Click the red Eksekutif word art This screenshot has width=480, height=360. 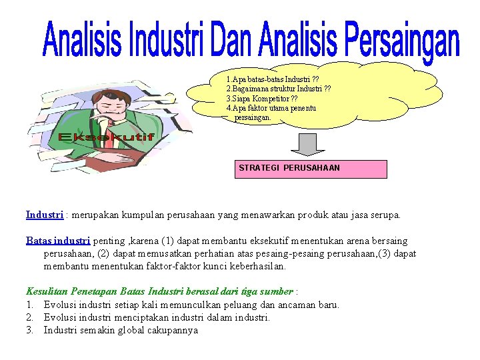(x=106, y=137)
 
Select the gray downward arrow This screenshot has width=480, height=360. (x=307, y=143)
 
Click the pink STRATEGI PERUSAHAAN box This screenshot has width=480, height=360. (x=310, y=169)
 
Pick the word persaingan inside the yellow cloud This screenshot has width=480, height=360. (x=253, y=117)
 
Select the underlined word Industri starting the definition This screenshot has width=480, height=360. (x=44, y=215)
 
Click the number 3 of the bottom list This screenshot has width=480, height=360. (x=29, y=330)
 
